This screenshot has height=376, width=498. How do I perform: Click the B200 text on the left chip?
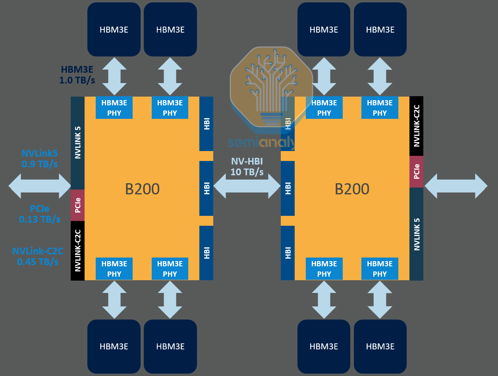coord(142,189)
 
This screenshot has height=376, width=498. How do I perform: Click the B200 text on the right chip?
coord(352,189)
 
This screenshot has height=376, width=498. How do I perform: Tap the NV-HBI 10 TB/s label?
coord(247,167)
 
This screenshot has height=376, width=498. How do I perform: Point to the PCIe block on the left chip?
coord(77,205)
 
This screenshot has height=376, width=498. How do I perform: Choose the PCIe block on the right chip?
coord(416,171)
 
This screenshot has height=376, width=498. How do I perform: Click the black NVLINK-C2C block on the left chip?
coord(77,250)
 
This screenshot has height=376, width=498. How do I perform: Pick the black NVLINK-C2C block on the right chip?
coord(416,126)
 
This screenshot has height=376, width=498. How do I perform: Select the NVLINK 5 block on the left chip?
coord(77,143)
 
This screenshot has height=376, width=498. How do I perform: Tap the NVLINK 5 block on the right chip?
coord(416,233)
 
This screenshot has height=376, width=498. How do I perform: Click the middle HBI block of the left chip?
coord(206,188)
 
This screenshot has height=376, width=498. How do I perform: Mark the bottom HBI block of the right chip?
coord(288,253)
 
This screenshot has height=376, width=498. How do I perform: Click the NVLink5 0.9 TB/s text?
coord(39,158)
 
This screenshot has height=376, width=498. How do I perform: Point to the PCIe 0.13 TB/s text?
coord(40,213)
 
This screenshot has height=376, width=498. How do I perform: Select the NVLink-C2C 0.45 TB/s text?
coord(38,256)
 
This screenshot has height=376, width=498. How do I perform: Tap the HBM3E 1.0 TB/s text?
coord(77,75)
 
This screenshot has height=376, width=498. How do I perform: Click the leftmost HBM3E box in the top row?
coord(114,29)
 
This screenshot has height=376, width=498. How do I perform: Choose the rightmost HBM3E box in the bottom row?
coord(380,346)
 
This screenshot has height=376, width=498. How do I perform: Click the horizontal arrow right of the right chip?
coord(456,186)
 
